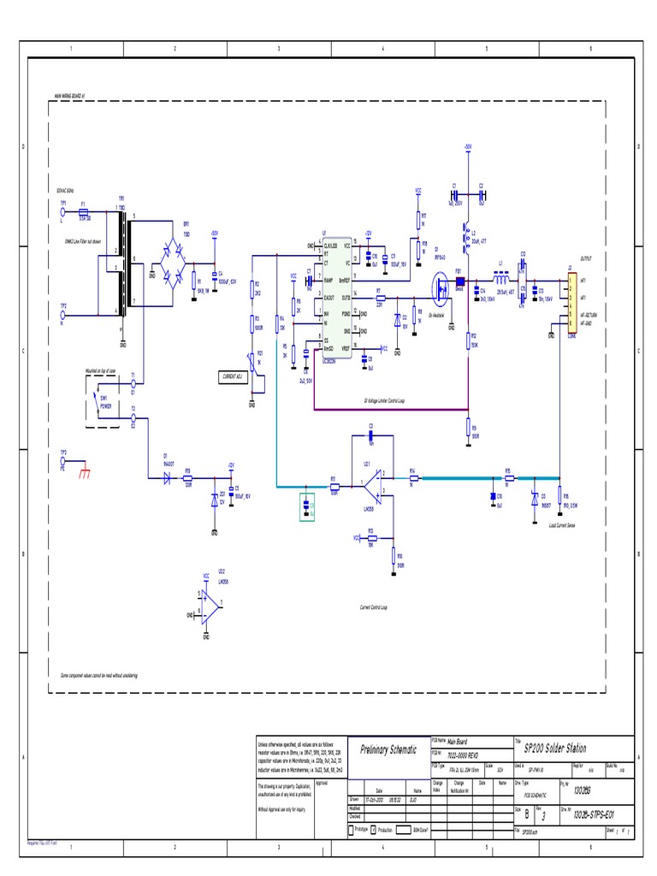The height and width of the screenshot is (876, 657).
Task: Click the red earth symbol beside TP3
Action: click(84, 473)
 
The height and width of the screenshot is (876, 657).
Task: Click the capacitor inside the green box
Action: click(308, 506)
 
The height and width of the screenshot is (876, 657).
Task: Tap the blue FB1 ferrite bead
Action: click(459, 278)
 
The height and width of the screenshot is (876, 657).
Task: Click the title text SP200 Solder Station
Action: click(555, 748)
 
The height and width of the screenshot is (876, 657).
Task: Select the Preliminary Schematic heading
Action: click(388, 749)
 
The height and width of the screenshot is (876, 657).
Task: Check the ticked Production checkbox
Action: click(374, 829)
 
